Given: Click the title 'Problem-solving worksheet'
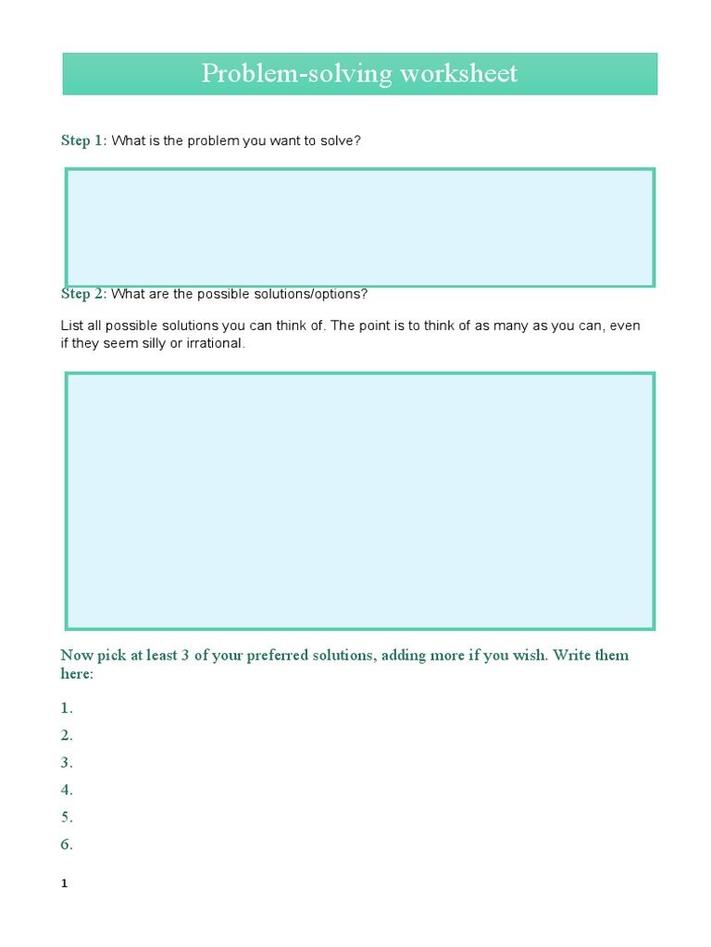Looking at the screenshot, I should pyautogui.click(x=359, y=74).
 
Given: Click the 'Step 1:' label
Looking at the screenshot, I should pyautogui.click(x=83, y=141).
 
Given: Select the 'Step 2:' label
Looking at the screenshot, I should pyautogui.click(x=83, y=294).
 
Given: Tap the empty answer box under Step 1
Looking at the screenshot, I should pyautogui.click(x=359, y=228).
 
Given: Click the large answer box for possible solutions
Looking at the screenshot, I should pyautogui.click(x=359, y=501).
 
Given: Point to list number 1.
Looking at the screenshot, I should pyautogui.click(x=67, y=708).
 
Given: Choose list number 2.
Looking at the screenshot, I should pyautogui.click(x=67, y=735).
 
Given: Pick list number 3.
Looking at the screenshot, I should pyautogui.click(x=67, y=763).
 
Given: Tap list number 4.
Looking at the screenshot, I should pyautogui.click(x=67, y=790).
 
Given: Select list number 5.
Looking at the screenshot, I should pyautogui.click(x=67, y=818).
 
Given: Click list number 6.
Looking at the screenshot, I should pyautogui.click(x=67, y=844).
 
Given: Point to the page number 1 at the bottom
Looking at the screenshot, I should pyautogui.click(x=65, y=884).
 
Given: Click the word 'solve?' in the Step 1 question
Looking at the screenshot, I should pyautogui.click(x=338, y=141).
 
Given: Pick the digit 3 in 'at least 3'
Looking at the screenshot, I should pyautogui.click(x=185, y=656).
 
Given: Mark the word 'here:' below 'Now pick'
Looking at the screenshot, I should pyautogui.click(x=77, y=674).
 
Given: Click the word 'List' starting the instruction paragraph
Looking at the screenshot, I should pyautogui.click(x=71, y=326).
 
